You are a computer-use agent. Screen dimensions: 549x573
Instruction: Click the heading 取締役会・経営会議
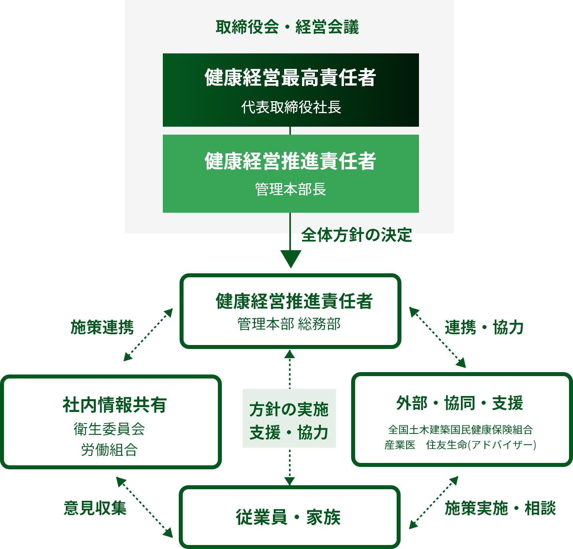tap(287, 27)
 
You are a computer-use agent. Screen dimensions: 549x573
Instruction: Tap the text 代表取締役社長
tap(291, 107)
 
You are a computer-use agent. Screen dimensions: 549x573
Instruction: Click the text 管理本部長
tap(290, 189)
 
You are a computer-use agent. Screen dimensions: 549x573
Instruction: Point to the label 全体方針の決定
tap(356, 235)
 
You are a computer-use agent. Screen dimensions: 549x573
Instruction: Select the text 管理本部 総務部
tap(289, 324)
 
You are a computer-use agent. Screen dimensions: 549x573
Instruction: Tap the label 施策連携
tap(102, 327)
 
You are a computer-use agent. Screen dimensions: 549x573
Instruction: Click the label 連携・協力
tap(484, 327)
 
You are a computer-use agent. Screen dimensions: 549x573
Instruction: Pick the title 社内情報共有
tap(115, 405)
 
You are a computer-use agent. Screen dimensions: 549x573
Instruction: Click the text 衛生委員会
tap(109, 429)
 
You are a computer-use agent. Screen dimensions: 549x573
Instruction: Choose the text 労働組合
tap(109, 450)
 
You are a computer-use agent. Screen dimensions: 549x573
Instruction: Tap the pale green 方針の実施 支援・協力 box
tap(289, 419)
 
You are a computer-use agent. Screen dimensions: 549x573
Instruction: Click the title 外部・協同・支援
tap(460, 403)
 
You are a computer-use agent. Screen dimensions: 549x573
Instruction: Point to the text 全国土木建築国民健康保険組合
tap(460, 429)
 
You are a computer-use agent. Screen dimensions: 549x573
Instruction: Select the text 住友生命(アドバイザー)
tap(481, 445)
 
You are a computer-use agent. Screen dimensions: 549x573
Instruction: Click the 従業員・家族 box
tap(289, 517)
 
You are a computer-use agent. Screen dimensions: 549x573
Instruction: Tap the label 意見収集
tap(95, 508)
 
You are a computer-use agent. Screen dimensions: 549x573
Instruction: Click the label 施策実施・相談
tap(500, 508)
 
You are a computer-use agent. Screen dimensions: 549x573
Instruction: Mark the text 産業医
tap(400, 445)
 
